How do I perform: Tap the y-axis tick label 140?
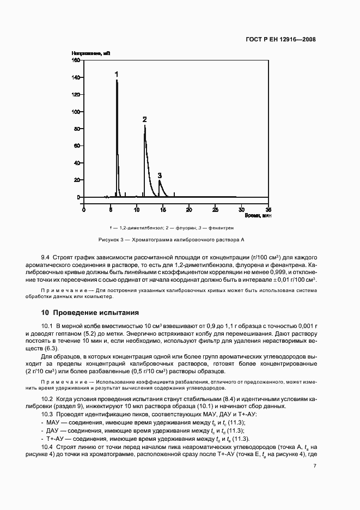pos(76,77)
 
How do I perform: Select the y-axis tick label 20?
pos(77,180)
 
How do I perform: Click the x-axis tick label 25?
pos(215,209)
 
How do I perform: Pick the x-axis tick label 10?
pos(136,209)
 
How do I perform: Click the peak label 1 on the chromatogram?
pos(116,73)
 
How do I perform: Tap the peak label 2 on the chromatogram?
pos(144,119)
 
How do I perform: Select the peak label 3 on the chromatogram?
pos(160,175)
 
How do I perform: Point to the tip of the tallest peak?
pos(117,80)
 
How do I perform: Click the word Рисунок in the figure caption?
pos(108,239)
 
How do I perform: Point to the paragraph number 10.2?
pos(47,399)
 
